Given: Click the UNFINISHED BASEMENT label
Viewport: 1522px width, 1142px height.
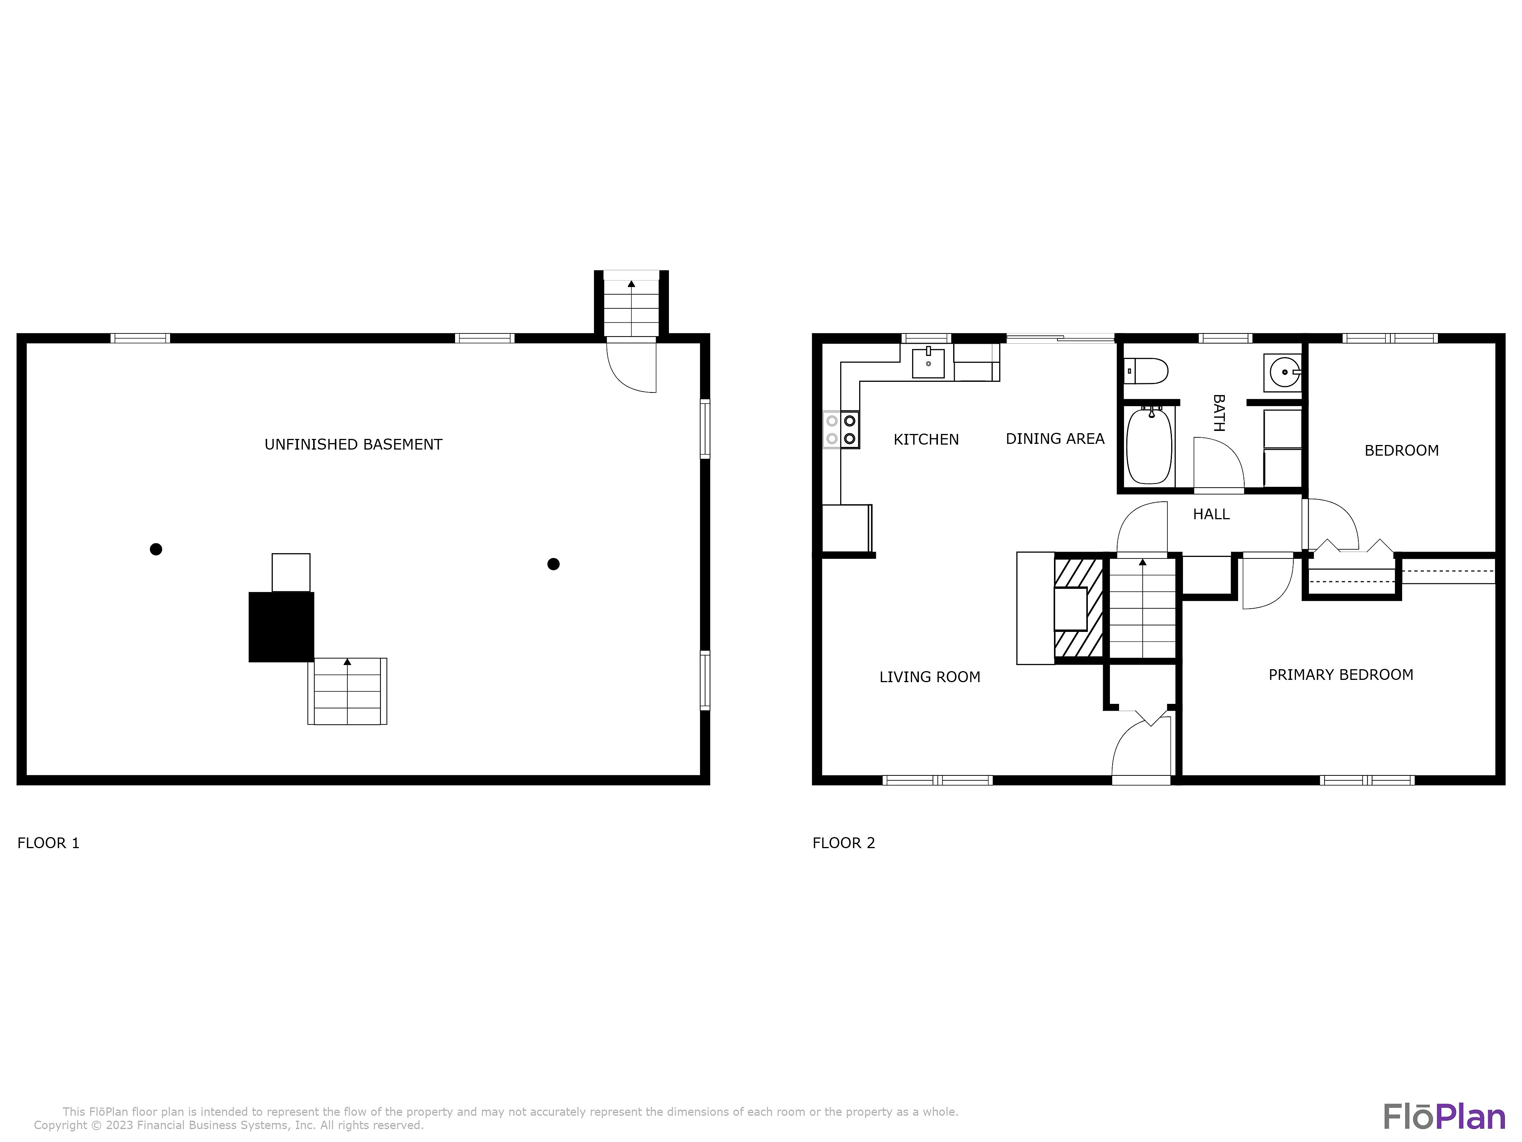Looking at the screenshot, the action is pos(353,445).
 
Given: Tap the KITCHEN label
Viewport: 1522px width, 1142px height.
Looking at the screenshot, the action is pos(926,439).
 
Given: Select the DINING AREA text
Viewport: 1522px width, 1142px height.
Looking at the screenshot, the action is pos(1055,439).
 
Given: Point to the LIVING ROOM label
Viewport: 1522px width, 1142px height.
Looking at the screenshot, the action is pos(930,677).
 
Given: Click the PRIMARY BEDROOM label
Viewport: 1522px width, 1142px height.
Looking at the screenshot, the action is pos(1341,675).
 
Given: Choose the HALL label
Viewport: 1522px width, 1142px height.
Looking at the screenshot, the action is pos(1211,514).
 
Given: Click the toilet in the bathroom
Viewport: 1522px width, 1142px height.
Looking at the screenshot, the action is pos(1146,371).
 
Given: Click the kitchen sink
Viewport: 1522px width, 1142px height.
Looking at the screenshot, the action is pos(928,362).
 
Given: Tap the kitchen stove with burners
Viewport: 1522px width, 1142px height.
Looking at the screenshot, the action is pos(841,429).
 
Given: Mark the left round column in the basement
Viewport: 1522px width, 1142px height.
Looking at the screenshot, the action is pos(156,549).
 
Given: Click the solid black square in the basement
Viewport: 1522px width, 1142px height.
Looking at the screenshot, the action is pos(282,627).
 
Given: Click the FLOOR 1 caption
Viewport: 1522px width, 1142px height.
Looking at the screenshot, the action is pos(48,843).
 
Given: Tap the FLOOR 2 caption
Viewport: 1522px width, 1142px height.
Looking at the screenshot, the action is pos(844,843).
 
